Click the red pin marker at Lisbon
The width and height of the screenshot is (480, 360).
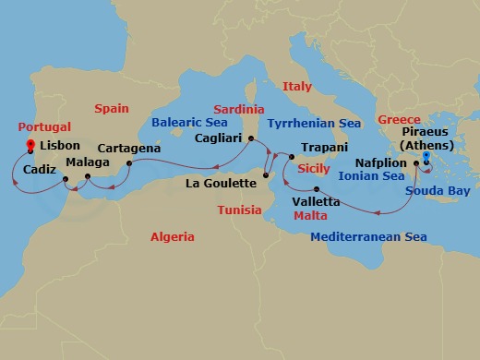click(31, 146)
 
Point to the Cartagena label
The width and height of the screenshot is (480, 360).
click(128, 148)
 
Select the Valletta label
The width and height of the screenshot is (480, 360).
click(315, 200)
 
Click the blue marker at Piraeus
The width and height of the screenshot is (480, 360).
click(426, 155)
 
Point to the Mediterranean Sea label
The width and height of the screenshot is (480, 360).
click(369, 237)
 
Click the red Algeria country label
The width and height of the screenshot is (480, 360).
click(173, 237)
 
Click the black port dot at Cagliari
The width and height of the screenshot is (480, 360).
click(251, 140)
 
